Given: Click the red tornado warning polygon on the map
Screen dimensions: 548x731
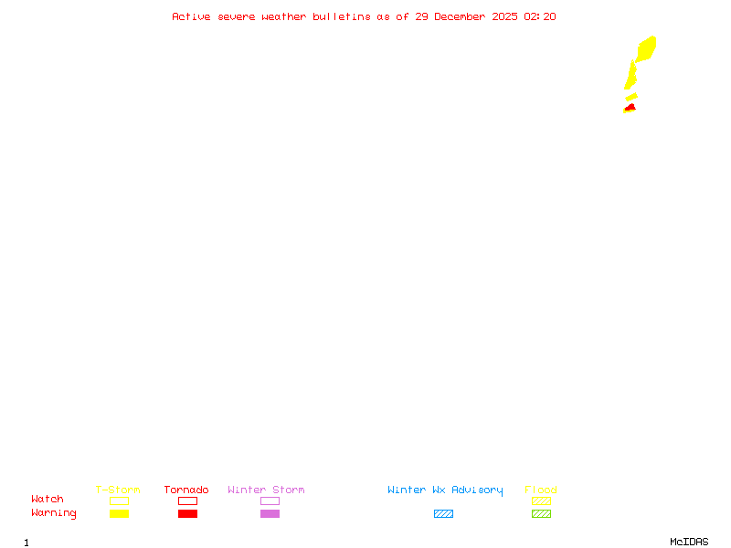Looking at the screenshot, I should pyautogui.click(x=630, y=109).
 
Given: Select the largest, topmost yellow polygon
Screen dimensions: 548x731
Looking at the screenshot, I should pyautogui.click(x=646, y=48).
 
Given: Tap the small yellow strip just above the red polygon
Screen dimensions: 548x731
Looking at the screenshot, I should pyautogui.click(x=631, y=96).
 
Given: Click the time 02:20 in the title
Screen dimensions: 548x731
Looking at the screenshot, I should pyautogui.click(x=539, y=16).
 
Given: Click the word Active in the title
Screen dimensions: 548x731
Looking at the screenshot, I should pyautogui.click(x=192, y=16).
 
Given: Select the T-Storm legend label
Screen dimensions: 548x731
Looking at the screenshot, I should pyautogui.click(x=118, y=490).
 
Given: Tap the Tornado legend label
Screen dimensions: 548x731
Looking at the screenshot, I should pyautogui.click(x=186, y=490).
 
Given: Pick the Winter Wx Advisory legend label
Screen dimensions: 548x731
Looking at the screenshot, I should pyautogui.click(x=445, y=490).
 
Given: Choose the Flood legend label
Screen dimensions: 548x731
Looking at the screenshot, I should pyautogui.click(x=541, y=490).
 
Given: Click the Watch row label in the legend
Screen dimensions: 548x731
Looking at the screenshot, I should pyautogui.click(x=48, y=500).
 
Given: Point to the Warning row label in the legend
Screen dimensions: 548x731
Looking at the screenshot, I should pyautogui.click(x=54, y=513).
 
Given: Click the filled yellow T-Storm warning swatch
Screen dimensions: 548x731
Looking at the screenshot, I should pyautogui.click(x=119, y=513).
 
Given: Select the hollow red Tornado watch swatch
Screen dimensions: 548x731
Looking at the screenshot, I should pyautogui.click(x=187, y=501).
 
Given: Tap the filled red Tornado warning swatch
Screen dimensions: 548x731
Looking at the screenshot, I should pyautogui.click(x=187, y=513).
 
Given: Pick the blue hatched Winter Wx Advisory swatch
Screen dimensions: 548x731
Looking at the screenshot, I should pyautogui.click(x=443, y=513).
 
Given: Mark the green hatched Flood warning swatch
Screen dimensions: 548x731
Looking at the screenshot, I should pyautogui.click(x=541, y=513).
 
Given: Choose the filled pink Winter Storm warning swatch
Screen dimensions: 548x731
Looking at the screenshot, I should pyautogui.click(x=270, y=513).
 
